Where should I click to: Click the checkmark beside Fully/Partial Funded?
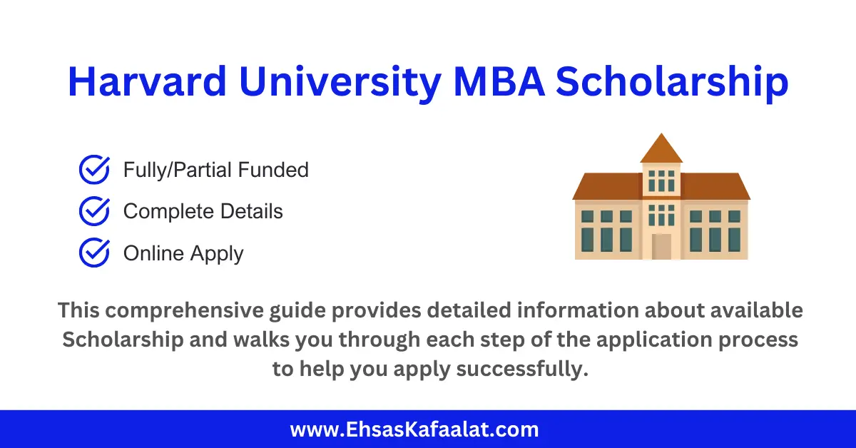93,170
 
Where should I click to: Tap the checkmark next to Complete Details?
93,211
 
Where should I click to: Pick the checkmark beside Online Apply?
93,253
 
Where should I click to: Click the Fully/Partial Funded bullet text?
215,170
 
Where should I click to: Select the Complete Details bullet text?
203,212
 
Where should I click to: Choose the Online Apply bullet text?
183,253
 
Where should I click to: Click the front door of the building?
661,246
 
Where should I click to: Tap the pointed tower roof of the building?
661,148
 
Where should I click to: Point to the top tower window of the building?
661,180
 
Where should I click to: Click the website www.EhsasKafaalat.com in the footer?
414,429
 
